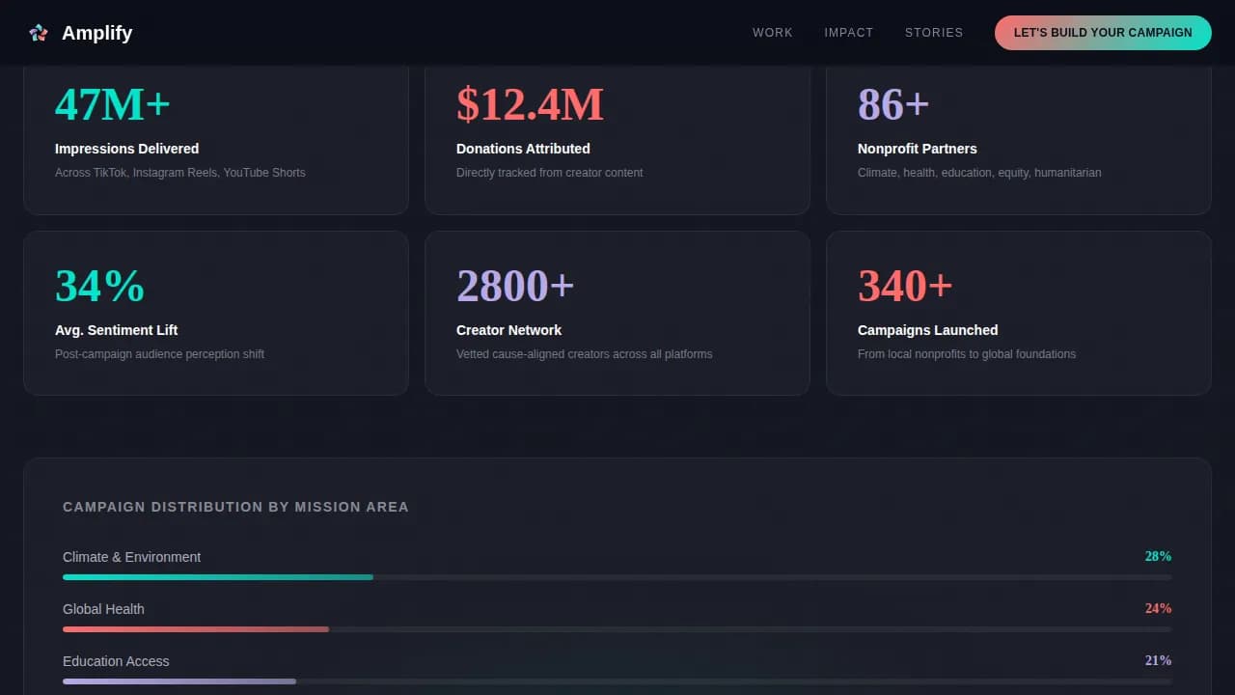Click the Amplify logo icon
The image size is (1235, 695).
(39, 33)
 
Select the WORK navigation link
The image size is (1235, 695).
(772, 33)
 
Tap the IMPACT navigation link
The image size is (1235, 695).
(848, 33)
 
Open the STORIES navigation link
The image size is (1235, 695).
(933, 33)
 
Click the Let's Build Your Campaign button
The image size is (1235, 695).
(1103, 33)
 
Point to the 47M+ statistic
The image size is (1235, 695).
(112, 104)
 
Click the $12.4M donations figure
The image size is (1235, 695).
(530, 104)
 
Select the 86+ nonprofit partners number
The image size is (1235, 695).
(892, 104)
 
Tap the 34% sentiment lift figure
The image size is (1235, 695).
(99, 286)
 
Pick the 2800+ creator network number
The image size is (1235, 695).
(515, 286)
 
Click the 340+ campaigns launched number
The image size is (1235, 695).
(905, 286)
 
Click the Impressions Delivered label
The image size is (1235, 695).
(126, 149)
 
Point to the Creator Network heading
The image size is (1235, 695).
(508, 330)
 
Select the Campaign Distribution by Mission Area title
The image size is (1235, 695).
(235, 507)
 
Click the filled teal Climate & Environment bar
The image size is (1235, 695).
(218, 577)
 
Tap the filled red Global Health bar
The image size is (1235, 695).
(196, 629)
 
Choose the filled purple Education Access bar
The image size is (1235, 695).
(179, 681)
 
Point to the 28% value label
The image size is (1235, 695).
(1158, 557)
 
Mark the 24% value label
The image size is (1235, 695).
(1158, 609)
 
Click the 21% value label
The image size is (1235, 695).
(1158, 661)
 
